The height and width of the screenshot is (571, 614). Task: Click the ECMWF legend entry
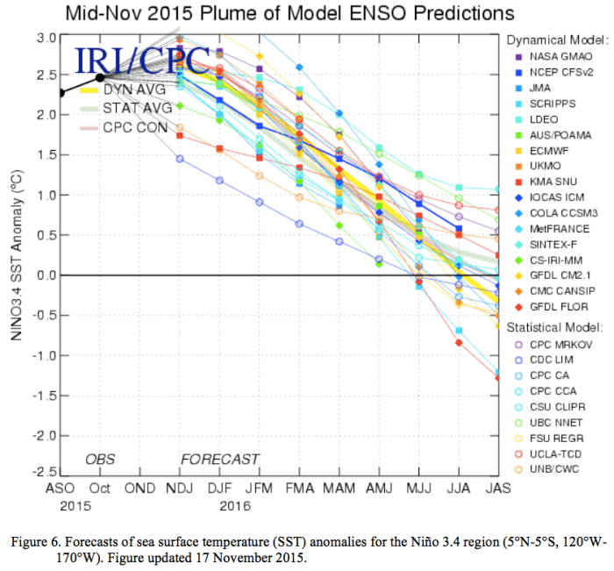547,152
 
